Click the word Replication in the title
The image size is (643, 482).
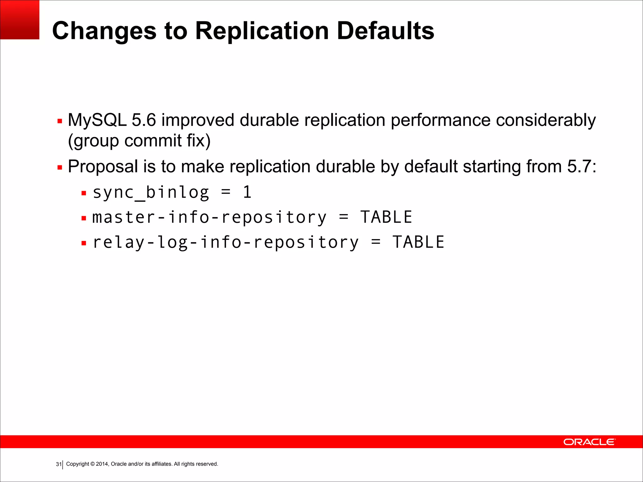click(262, 31)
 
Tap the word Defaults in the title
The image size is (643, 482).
click(386, 31)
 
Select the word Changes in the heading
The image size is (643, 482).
click(104, 31)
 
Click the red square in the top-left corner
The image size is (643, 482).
click(19, 19)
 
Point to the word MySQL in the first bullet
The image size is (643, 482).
click(97, 120)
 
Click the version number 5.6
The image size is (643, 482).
click(143, 120)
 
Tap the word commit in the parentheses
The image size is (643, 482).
click(153, 141)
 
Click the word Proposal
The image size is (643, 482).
click(103, 167)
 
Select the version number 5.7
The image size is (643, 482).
click(579, 166)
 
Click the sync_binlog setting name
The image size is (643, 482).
click(151, 193)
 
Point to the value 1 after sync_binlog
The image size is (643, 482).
click(247, 192)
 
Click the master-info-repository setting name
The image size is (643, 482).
click(209, 217)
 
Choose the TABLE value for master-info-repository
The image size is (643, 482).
click(386, 217)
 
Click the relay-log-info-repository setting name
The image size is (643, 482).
click(225, 243)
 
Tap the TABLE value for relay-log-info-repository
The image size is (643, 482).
click(418, 242)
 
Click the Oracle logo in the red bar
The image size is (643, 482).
click(589, 442)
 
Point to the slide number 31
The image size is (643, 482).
click(58, 464)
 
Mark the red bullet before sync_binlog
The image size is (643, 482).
click(84, 193)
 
